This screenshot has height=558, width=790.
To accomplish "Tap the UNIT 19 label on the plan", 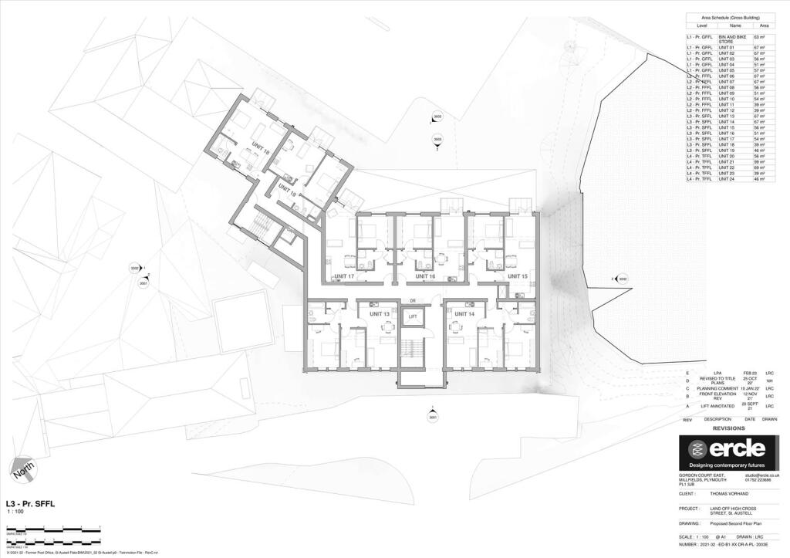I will [287, 191].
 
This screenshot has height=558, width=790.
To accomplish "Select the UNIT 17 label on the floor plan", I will [344, 276].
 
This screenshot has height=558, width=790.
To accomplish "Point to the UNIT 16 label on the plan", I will [425, 276].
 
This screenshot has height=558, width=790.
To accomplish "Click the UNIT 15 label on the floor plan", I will [518, 276].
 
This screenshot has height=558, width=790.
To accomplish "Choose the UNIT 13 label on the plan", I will [380, 314].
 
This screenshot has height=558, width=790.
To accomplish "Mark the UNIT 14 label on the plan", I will [464, 314].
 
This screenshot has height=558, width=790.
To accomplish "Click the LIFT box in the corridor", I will [413, 316].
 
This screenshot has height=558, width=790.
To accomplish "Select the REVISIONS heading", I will [728, 428].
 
